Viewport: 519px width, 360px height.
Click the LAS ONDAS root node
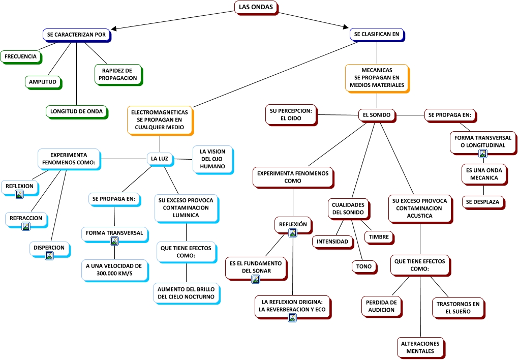[x=255, y=7]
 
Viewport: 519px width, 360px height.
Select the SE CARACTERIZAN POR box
[x=76, y=35]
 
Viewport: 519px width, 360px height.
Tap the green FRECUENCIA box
[x=21, y=56]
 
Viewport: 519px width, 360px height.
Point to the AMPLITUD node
[x=42, y=82]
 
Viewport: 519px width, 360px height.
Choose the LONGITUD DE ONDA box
[x=76, y=111]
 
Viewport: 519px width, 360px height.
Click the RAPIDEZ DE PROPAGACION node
[x=118, y=74]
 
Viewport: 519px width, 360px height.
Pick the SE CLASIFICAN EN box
[x=377, y=35]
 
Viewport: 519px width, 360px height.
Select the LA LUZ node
[x=160, y=159]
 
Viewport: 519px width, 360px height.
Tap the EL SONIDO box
[x=376, y=115]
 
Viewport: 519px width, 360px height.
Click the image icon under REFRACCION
[x=26, y=226]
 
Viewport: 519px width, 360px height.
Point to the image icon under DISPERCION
[x=49, y=256]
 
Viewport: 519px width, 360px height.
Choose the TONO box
[x=364, y=266]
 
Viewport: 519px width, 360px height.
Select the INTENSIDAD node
[x=332, y=241]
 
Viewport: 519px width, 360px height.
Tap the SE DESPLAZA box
[x=483, y=202]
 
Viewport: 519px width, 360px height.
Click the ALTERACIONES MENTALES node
[x=420, y=347]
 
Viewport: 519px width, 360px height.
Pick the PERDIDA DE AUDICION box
[x=381, y=306]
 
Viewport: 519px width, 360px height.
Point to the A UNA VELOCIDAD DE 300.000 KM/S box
[x=114, y=271]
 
